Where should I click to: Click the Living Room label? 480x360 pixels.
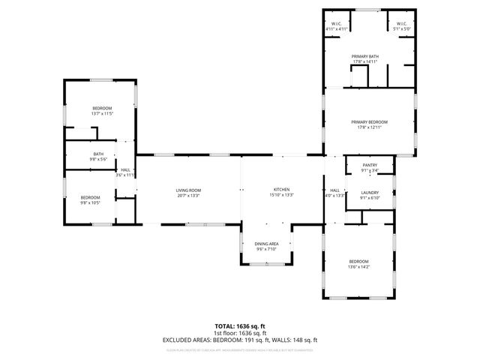(x=187, y=190)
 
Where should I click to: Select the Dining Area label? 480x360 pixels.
(x=266, y=244)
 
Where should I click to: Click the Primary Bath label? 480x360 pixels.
(x=366, y=56)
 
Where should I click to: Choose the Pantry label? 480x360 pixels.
(x=369, y=165)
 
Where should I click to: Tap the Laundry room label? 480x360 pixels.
(x=369, y=193)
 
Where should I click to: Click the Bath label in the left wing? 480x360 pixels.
(x=99, y=154)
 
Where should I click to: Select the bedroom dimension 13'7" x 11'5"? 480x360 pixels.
(x=102, y=114)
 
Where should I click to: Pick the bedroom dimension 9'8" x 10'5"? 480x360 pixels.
(x=91, y=202)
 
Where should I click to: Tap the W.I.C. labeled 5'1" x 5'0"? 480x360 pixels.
(x=401, y=29)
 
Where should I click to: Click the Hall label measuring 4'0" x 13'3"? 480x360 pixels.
(x=334, y=196)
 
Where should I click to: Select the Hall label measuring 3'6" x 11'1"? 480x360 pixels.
(x=125, y=175)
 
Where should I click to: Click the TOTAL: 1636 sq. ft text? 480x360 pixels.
(x=240, y=326)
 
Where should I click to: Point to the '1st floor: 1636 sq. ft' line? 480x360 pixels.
(x=240, y=333)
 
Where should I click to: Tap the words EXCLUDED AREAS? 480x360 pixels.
(x=187, y=340)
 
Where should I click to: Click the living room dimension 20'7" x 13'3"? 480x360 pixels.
(x=187, y=195)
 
